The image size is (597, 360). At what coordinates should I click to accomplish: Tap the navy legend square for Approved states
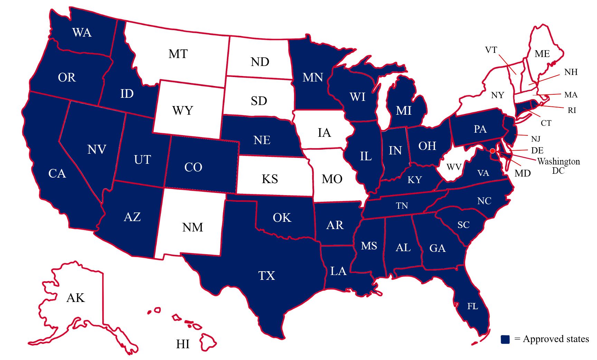(x=505, y=339)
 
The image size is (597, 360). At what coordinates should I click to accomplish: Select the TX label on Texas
(x=267, y=276)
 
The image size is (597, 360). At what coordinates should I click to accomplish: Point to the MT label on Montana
(x=178, y=54)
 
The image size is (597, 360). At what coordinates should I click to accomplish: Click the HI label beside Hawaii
(x=183, y=344)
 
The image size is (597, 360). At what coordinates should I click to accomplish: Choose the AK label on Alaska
(x=75, y=298)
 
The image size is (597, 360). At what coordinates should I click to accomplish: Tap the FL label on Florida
(x=473, y=306)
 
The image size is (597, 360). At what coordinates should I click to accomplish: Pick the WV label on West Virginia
(x=454, y=167)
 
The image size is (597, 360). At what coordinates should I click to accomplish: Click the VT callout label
(x=491, y=50)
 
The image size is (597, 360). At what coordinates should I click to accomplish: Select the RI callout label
(x=572, y=110)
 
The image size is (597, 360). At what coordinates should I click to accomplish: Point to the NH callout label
(x=571, y=72)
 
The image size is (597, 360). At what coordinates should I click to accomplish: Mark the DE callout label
(x=537, y=150)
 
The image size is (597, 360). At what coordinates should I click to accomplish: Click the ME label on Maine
(x=542, y=54)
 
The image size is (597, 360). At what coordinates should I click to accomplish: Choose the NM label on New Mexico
(x=192, y=227)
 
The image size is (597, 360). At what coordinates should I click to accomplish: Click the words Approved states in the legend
(x=556, y=339)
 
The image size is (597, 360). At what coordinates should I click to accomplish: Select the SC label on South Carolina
(x=463, y=225)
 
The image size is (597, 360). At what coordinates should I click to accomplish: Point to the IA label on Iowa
(x=324, y=133)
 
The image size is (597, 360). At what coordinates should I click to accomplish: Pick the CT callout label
(x=546, y=123)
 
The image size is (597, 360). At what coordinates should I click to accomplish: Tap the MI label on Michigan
(x=404, y=111)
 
